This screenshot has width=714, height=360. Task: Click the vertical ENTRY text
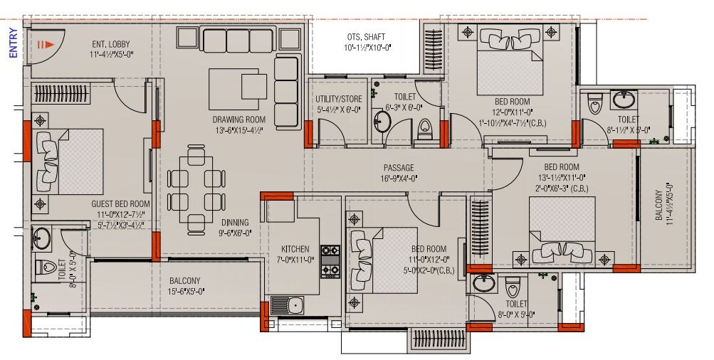tap(12, 42)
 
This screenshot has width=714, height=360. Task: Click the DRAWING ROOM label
tap(238, 119)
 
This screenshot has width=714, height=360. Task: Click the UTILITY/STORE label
tap(339, 99)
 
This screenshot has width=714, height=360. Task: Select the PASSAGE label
tap(398, 169)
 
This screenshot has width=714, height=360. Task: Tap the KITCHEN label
tap(295, 249)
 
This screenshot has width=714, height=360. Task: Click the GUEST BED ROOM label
tap(121, 203)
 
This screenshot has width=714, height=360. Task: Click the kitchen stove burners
tap(330, 260)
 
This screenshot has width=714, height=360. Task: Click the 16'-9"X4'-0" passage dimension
tap(398, 179)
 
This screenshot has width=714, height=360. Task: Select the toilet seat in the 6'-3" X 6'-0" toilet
tap(425, 129)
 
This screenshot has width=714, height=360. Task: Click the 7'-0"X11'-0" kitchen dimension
tap(295, 259)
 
